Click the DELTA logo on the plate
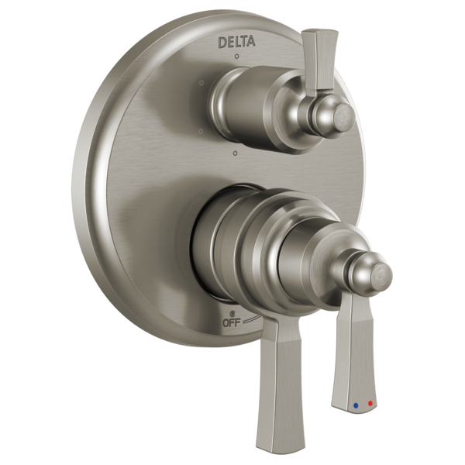click(x=237, y=41)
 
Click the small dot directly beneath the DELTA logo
click(x=237, y=57)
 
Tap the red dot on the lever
click(x=370, y=404)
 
